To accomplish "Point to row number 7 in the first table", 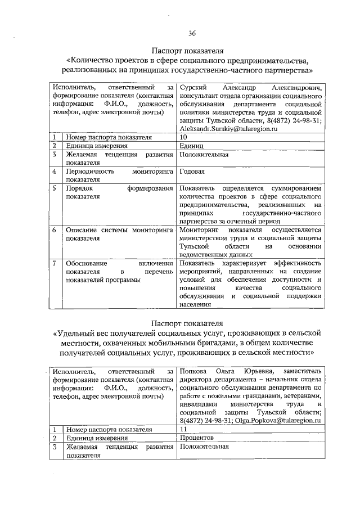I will (x=54, y=263).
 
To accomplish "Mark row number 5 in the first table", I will (x=54, y=188).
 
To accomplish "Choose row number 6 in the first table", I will (x=54, y=229).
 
